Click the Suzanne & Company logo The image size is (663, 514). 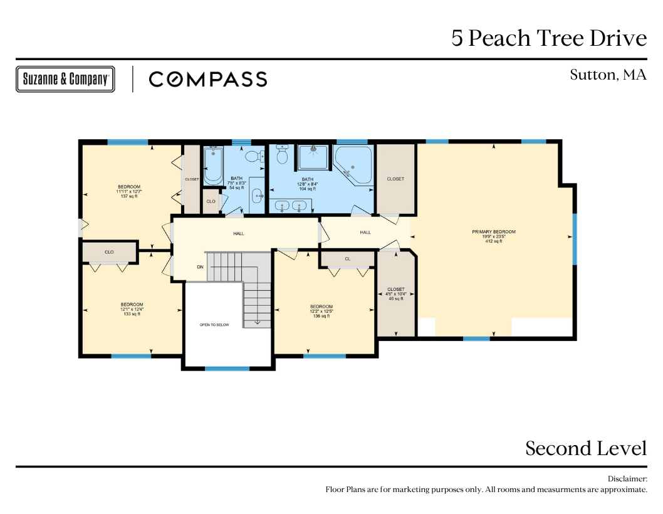[65, 79]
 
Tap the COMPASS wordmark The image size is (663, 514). [208, 80]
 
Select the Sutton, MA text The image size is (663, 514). [608, 75]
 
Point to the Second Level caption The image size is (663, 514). [586, 448]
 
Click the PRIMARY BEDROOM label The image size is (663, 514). [494, 232]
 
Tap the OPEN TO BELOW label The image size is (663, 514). [214, 325]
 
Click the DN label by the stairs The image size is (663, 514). [200, 267]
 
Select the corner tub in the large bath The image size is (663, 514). [353, 165]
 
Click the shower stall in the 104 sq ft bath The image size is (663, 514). [313, 157]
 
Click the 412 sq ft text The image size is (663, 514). [494, 241]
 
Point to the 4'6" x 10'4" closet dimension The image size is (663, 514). [396, 294]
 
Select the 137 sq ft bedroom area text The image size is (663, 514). [129, 196]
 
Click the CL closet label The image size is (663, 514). [348, 259]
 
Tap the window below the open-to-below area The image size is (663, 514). [227, 369]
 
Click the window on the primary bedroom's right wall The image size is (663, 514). [575, 239]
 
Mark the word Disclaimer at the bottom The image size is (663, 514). [627, 479]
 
